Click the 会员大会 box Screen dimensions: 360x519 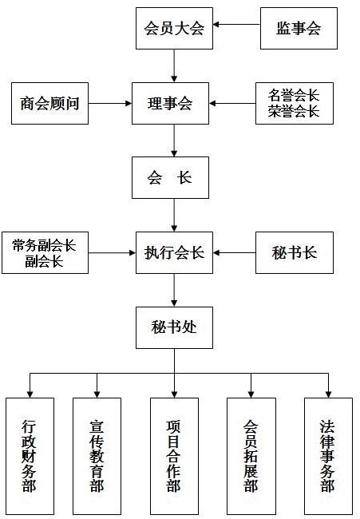coord(174,29)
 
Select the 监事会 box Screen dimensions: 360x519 coord(299,29)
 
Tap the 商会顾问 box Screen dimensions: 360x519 coord(50,103)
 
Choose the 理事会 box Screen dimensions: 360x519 coord(170,103)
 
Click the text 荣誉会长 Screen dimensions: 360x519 coord(294,112)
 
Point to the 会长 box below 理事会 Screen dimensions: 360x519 coord(170,178)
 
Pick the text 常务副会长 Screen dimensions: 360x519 coord(45,245)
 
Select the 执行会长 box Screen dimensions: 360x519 coord(174,253)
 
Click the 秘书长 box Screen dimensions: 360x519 coord(295,253)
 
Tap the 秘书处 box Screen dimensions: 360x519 coord(174,327)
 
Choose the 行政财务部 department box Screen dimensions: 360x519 coord(30,456)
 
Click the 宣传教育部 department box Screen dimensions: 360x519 coord(97,456)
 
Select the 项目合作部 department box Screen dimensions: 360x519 coord(174,456)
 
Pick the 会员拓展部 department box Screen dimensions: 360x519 coord(251,456)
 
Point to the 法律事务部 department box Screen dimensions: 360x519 coord(328,456)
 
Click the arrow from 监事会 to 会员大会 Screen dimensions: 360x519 coord(236,25)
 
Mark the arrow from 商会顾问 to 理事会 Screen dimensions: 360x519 coord(110,103)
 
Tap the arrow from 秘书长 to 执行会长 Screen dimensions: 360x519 coord(234,253)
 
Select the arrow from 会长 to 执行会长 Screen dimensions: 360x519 coord(174,215)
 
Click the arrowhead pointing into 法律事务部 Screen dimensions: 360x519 coord(328,394)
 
